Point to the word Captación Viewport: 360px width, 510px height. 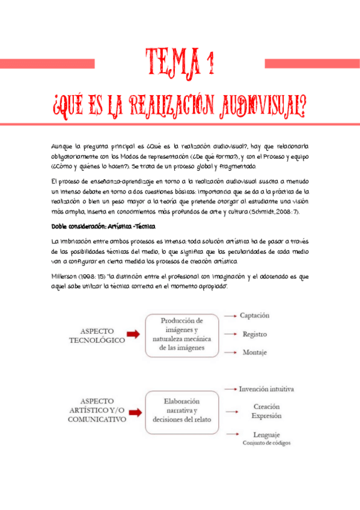[x=254, y=315]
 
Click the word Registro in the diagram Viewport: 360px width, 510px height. [x=254, y=334]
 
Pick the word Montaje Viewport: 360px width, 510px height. [x=254, y=352]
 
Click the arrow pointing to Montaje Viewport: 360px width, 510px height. [x=228, y=353]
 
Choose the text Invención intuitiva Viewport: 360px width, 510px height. [x=266, y=389]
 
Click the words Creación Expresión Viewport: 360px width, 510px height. [x=266, y=411]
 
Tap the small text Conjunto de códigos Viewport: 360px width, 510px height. [x=266, y=443]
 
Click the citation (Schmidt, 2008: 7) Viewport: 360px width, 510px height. [x=284, y=212]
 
